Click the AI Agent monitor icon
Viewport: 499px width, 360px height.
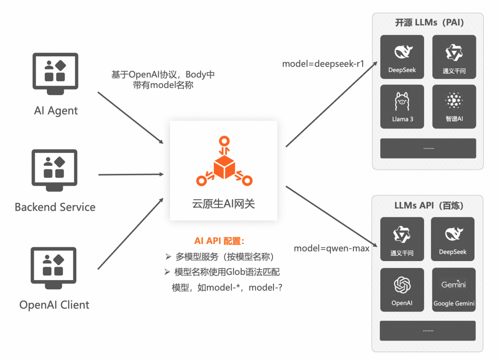click(55, 71)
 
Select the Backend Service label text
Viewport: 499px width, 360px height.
click(55, 207)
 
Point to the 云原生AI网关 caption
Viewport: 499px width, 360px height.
click(224, 203)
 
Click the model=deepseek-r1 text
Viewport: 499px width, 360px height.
click(323, 64)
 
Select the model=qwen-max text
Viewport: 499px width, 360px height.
click(331, 248)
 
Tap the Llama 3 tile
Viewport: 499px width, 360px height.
click(402, 106)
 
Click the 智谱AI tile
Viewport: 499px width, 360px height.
click(454, 106)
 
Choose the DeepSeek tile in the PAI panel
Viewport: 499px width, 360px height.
click(402, 57)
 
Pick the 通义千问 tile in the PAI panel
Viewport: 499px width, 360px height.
click(454, 57)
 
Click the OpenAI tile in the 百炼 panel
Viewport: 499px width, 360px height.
click(402, 289)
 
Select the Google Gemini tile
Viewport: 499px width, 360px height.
click(454, 289)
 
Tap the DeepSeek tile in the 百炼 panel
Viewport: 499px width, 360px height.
click(453, 238)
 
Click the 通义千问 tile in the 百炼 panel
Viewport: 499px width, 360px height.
click(402, 238)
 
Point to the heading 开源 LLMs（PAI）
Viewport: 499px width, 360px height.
click(429, 23)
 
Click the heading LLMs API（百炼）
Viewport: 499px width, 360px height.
click(429, 205)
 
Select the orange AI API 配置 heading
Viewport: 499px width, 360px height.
click(219, 241)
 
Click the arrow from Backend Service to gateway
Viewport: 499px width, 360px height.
click(132, 175)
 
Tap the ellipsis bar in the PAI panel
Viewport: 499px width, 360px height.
click(428, 148)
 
